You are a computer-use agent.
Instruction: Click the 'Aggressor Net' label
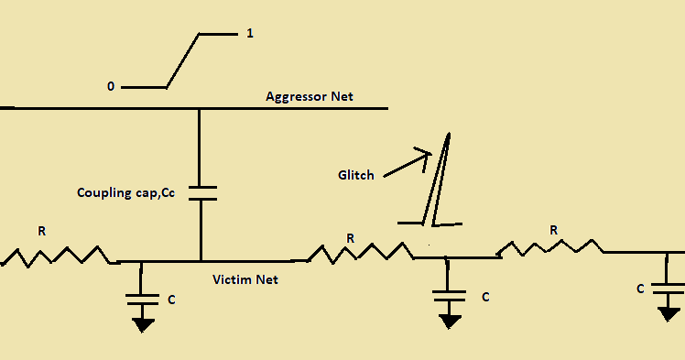tap(309, 96)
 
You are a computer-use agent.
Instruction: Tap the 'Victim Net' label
tap(245, 279)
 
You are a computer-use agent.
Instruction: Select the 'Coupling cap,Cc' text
tap(125, 192)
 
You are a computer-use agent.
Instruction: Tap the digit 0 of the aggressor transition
tap(111, 87)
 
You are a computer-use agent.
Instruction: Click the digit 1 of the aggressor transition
tap(250, 35)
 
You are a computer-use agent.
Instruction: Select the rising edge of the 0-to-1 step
tap(182, 61)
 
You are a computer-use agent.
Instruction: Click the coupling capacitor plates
tap(200, 192)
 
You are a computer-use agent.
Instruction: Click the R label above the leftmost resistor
tap(41, 232)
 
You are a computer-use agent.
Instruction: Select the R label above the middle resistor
tap(350, 238)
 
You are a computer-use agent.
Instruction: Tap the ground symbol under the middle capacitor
tap(449, 321)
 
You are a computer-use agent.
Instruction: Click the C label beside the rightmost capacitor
tap(640, 289)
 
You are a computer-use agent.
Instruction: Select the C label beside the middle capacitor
tap(485, 297)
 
